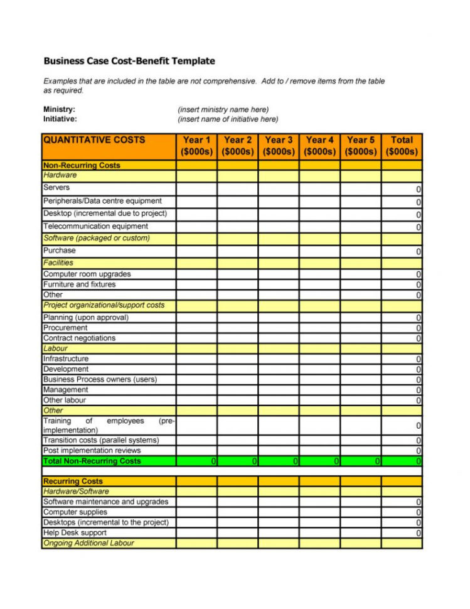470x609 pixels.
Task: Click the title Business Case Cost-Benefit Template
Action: pyautogui.click(x=129, y=61)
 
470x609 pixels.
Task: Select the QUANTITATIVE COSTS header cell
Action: pyautogui.click(x=93, y=140)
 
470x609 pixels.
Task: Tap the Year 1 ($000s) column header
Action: pyautogui.click(x=196, y=146)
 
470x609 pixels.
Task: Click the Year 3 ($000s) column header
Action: pyautogui.click(x=279, y=146)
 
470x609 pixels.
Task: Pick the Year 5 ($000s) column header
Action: pyautogui.click(x=361, y=146)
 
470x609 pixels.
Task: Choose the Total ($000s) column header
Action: pyautogui.click(x=402, y=146)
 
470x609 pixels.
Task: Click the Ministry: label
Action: pyautogui.click(x=59, y=109)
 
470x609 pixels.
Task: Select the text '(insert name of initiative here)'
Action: pyautogui.click(x=228, y=119)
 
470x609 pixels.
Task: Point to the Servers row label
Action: pyautogui.click(x=56, y=188)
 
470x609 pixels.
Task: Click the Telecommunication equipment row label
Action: pyautogui.click(x=95, y=226)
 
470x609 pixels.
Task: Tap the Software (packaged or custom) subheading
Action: pyautogui.click(x=96, y=238)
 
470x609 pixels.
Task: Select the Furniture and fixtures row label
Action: pyautogui.click(x=79, y=284)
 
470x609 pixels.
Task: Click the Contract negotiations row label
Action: pyautogui.click(x=79, y=338)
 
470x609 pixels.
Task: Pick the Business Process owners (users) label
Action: pyautogui.click(x=100, y=379)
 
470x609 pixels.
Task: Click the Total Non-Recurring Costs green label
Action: pyautogui.click(x=92, y=461)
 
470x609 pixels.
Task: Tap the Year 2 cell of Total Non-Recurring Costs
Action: pyautogui.click(x=238, y=461)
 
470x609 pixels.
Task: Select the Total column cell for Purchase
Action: pyautogui.click(x=402, y=251)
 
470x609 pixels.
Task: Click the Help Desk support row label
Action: pyautogui.click(x=74, y=533)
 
